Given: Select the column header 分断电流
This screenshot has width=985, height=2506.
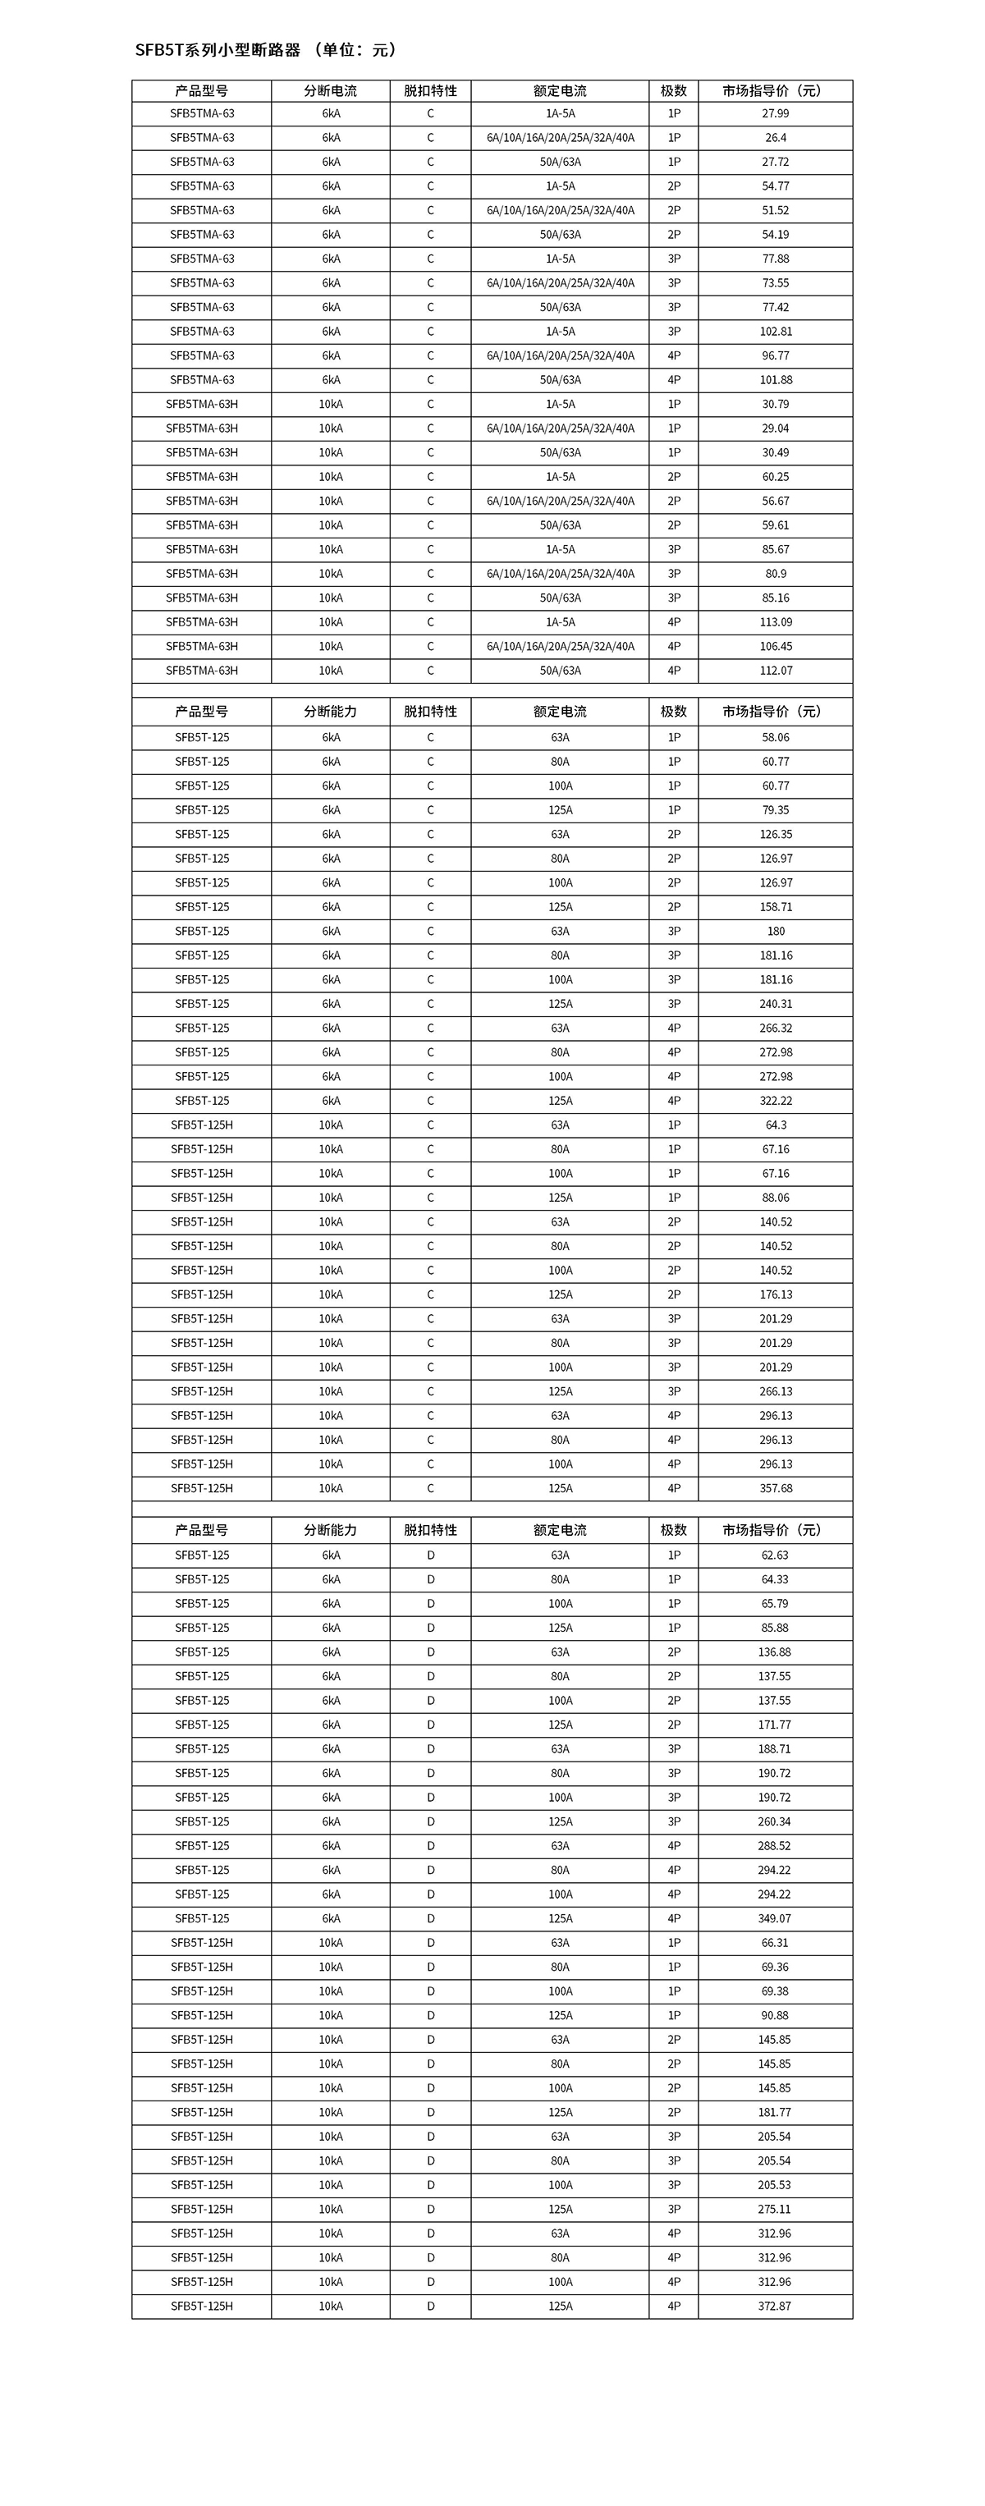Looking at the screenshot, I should coord(331,90).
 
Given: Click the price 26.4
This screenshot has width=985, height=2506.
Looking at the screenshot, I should coord(775,138).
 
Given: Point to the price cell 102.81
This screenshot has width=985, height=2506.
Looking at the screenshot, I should coord(775,332).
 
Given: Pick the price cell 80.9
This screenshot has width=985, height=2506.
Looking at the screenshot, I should coord(775,574).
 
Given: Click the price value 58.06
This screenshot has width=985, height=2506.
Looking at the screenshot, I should coord(775,737).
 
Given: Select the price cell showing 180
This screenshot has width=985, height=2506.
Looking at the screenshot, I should coord(775,931).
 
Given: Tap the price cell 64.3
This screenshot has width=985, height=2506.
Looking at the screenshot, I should coord(775,1125).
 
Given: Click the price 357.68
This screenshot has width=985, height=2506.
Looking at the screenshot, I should coord(775,1488).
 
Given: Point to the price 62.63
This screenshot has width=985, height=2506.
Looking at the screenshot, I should coord(774,1555).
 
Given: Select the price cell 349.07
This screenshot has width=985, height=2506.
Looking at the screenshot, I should coord(774,1918).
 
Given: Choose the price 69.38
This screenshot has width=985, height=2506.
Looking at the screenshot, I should coord(774,1991).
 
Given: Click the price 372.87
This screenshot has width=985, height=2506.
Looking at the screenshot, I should coord(774,2306).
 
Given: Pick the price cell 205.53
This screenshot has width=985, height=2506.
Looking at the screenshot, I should coord(774,2185).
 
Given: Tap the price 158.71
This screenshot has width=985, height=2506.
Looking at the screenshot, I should coord(775,907).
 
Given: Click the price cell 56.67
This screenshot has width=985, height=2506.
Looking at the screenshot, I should coord(775,501).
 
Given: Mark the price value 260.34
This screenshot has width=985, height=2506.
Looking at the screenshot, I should coord(774,1821).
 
